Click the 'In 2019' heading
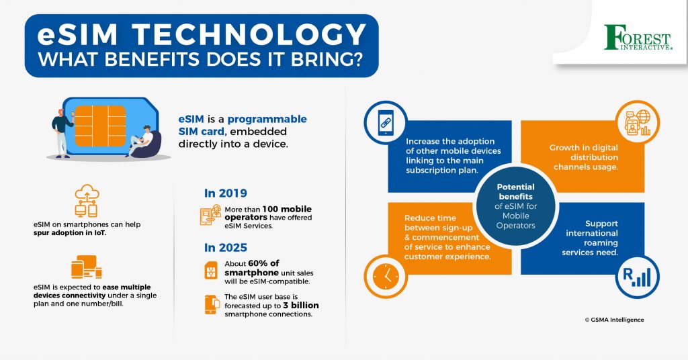225,193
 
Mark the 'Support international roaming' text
591,238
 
